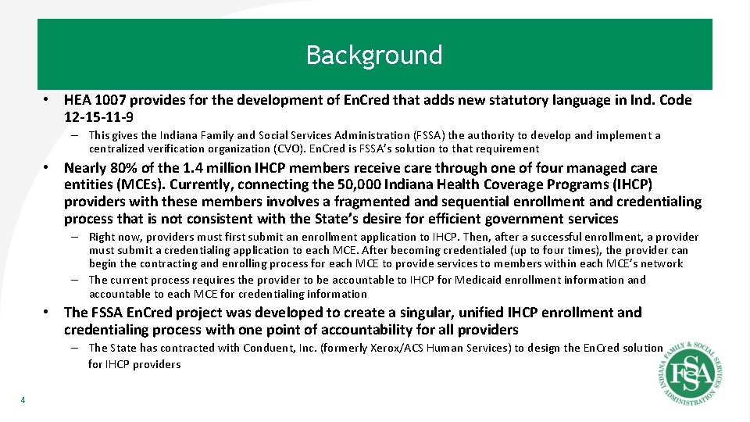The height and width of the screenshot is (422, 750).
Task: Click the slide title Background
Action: coord(374,55)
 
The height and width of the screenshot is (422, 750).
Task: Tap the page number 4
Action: coord(23,401)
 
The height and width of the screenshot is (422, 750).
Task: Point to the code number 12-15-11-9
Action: coord(98,117)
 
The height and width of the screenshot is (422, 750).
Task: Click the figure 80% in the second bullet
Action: coord(127,168)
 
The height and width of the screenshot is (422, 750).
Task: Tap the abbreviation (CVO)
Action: coord(298,148)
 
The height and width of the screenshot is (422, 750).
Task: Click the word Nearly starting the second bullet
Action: coord(86,168)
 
